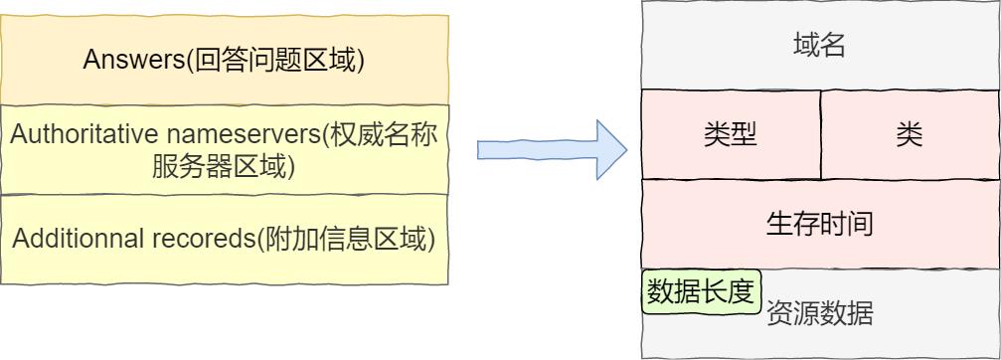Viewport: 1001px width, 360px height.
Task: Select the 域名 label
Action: [820, 46]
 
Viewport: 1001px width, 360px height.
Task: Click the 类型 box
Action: [731, 134]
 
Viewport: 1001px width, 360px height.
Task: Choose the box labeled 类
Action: [909, 134]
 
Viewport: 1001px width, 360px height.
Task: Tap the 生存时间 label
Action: [820, 223]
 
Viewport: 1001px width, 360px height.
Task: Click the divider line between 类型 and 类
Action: [821, 134]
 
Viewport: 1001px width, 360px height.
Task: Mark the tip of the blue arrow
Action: [626, 150]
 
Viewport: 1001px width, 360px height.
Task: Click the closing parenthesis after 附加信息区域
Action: [432, 241]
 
